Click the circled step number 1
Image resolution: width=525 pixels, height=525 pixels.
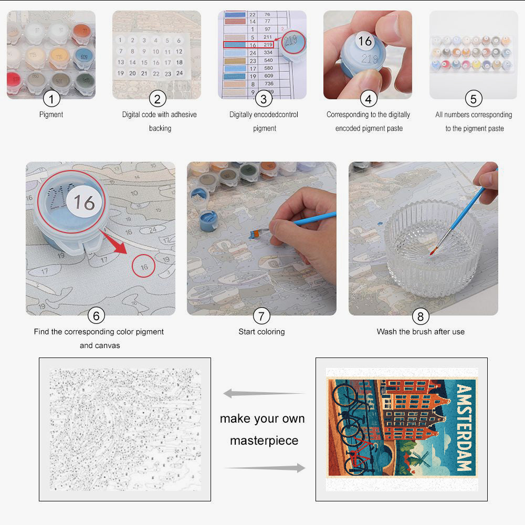(x=51, y=98)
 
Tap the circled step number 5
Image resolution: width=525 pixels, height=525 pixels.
(x=474, y=98)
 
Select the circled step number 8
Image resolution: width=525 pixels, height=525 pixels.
(x=420, y=316)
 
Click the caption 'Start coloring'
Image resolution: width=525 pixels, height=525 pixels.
(x=261, y=332)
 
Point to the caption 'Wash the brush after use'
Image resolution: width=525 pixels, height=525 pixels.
(x=421, y=332)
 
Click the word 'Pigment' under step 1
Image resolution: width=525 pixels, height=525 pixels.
(x=51, y=114)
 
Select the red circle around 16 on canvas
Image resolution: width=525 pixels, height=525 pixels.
(x=144, y=266)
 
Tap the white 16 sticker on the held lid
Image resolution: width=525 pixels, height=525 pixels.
(x=364, y=40)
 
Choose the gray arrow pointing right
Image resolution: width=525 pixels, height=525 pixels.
(x=265, y=468)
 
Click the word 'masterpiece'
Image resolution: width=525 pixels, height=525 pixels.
(x=264, y=440)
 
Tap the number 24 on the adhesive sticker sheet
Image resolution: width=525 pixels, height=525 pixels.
(x=179, y=73)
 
